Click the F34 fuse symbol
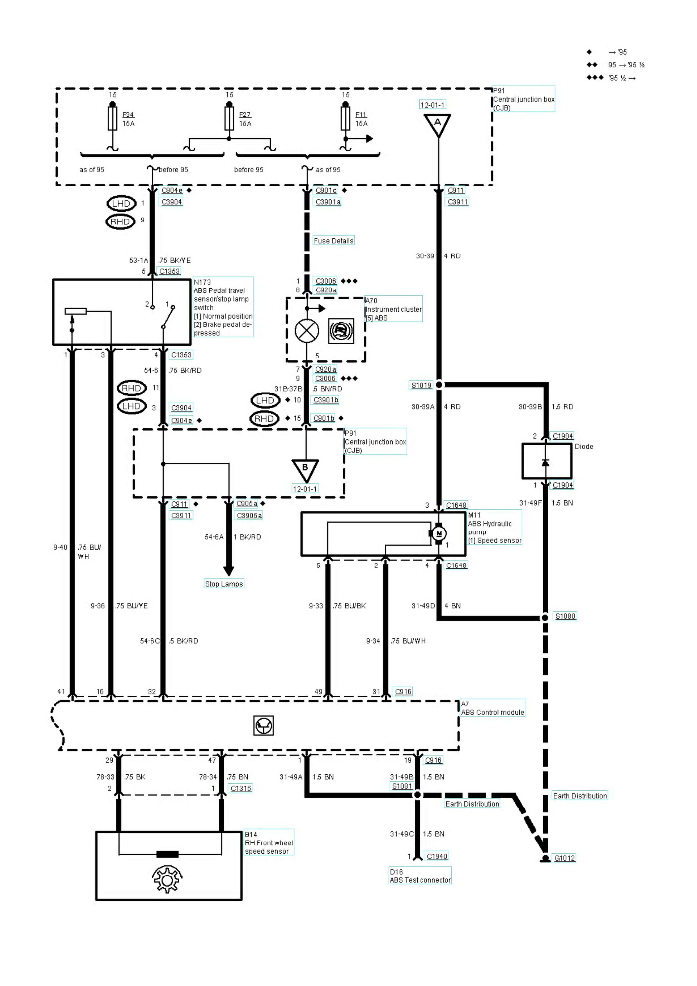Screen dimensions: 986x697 (x=112, y=119)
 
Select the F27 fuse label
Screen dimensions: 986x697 (x=245, y=115)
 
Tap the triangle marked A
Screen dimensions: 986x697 (x=438, y=124)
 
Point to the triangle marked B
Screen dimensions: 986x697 (x=305, y=469)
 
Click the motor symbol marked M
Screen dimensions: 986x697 (x=438, y=534)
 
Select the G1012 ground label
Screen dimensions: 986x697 (x=564, y=858)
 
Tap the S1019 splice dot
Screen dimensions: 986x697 (x=439, y=385)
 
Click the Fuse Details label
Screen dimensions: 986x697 (x=333, y=241)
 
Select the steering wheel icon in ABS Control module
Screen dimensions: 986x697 (x=263, y=725)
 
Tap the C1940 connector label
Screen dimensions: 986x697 (x=437, y=856)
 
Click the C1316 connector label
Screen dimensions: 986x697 (x=241, y=788)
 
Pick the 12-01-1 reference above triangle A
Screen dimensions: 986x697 (x=433, y=105)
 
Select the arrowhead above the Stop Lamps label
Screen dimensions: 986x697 (x=228, y=571)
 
